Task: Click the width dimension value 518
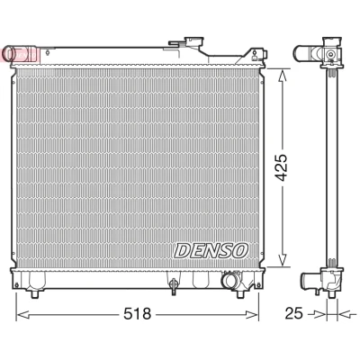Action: pos(139,314)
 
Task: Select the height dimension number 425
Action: pos(282,167)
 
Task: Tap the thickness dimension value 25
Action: pos(293,313)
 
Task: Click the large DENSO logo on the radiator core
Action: pos(211,250)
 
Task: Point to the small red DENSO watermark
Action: pos(21,55)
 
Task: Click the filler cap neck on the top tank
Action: pos(193,42)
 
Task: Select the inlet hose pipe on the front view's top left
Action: pos(19,54)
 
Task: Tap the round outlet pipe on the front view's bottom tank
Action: pos(229,281)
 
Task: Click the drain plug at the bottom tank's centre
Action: pos(173,285)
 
